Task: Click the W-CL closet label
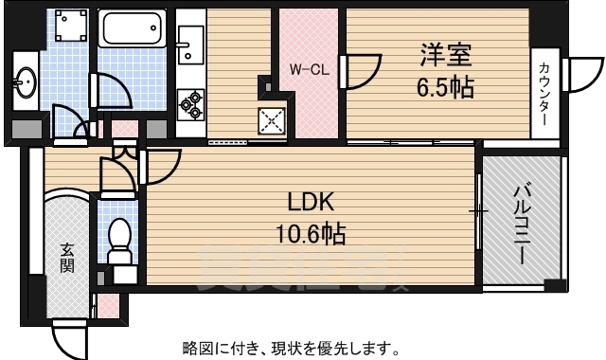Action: (309, 69)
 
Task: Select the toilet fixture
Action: (119, 241)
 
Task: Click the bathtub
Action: (133, 29)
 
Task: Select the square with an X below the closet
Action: (273, 119)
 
